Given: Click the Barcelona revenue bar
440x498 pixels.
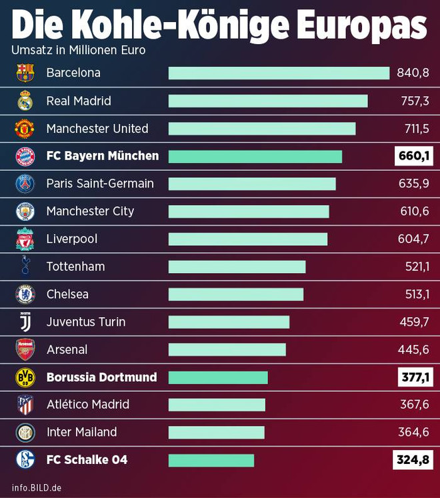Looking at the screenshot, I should (279, 73).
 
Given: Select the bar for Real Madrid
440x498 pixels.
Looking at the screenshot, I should (268, 101).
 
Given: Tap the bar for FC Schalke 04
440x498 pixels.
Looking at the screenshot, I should (211, 460).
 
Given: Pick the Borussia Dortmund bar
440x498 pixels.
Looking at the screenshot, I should (218, 377).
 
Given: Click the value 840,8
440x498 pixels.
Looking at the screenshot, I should (413, 73).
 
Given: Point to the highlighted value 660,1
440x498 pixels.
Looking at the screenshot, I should (413, 156).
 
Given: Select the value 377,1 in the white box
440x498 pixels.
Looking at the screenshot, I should (413, 377).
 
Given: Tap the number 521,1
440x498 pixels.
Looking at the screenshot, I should (413, 266).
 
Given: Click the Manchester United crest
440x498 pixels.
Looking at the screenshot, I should (25, 128).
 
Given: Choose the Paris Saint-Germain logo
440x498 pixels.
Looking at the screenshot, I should (25, 184).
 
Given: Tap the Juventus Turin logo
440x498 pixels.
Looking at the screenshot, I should (25, 322).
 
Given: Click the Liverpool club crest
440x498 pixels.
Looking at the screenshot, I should (25, 239).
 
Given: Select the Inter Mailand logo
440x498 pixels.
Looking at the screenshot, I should (25, 433).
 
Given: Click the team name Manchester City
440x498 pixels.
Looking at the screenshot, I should (90, 211).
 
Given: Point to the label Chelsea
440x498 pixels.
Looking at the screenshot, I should (67, 294).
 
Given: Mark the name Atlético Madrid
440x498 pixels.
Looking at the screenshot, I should (87, 405).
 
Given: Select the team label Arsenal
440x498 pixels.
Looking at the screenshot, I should (67, 349).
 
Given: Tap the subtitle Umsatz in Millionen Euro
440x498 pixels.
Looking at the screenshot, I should (78, 50).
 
